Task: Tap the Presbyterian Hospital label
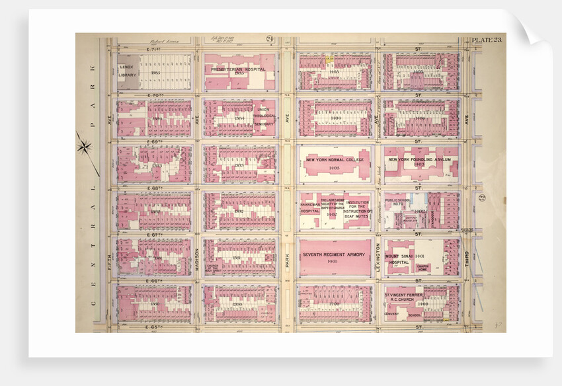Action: [x=238, y=69]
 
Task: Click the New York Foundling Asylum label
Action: [x=419, y=160]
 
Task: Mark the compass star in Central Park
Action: [x=85, y=145]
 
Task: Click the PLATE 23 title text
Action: [x=487, y=41]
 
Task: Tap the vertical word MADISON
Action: [x=198, y=260]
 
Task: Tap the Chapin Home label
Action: [x=424, y=266]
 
